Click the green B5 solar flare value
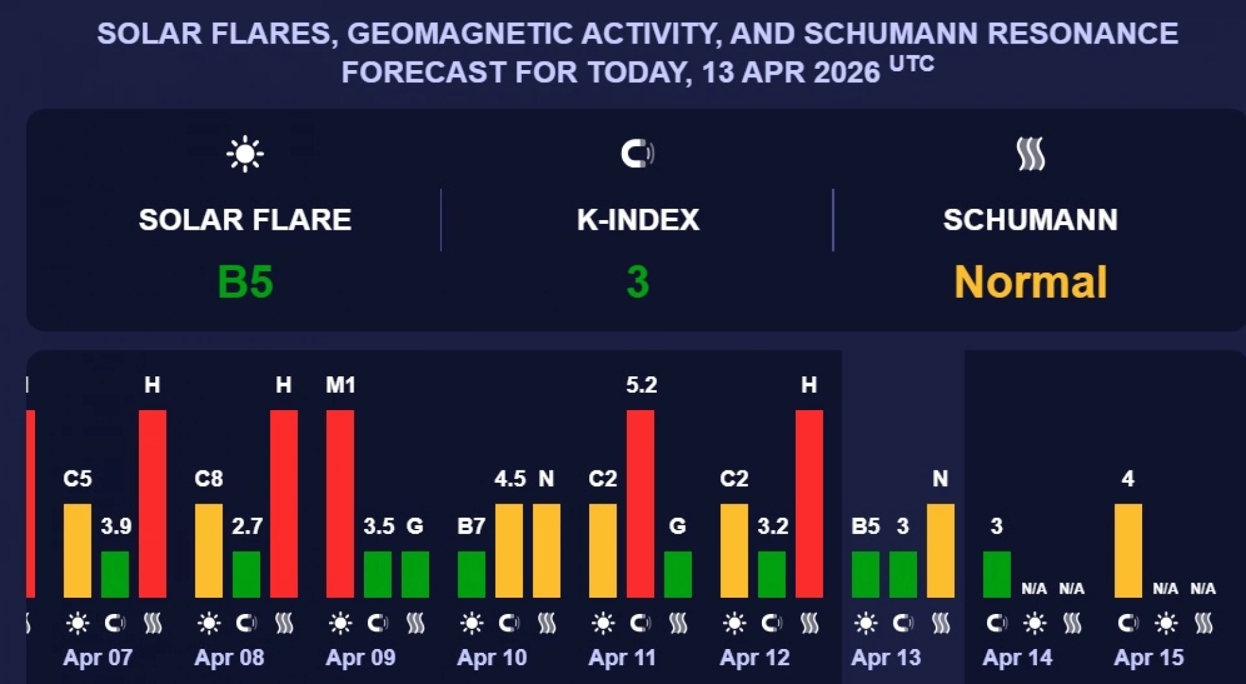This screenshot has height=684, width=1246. point(245,282)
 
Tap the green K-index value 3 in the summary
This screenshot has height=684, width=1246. point(637,282)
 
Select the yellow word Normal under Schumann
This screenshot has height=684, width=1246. point(1030,282)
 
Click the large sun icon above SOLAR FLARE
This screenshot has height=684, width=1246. point(245,154)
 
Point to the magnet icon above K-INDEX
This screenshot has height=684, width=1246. point(637,154)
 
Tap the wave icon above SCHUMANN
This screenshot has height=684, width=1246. point(1030,154)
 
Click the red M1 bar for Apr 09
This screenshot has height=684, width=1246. point(340,503)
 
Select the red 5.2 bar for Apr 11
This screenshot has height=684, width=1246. point(641,503)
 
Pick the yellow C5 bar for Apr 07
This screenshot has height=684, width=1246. point(77,550)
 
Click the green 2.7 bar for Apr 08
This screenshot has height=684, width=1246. point(247,574)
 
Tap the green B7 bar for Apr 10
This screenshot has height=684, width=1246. point(471,574)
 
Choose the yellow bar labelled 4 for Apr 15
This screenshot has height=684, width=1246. point(1128,550)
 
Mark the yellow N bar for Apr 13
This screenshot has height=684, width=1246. point(940,550)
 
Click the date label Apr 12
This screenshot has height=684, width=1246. point(755,657)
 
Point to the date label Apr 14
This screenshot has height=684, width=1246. point(1017,657)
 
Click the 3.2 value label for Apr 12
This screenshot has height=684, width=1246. point(772,526)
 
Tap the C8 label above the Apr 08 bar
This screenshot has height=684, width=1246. point(208,479)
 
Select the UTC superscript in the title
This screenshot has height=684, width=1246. point(911,64)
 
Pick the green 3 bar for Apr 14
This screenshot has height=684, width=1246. point(997,574)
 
